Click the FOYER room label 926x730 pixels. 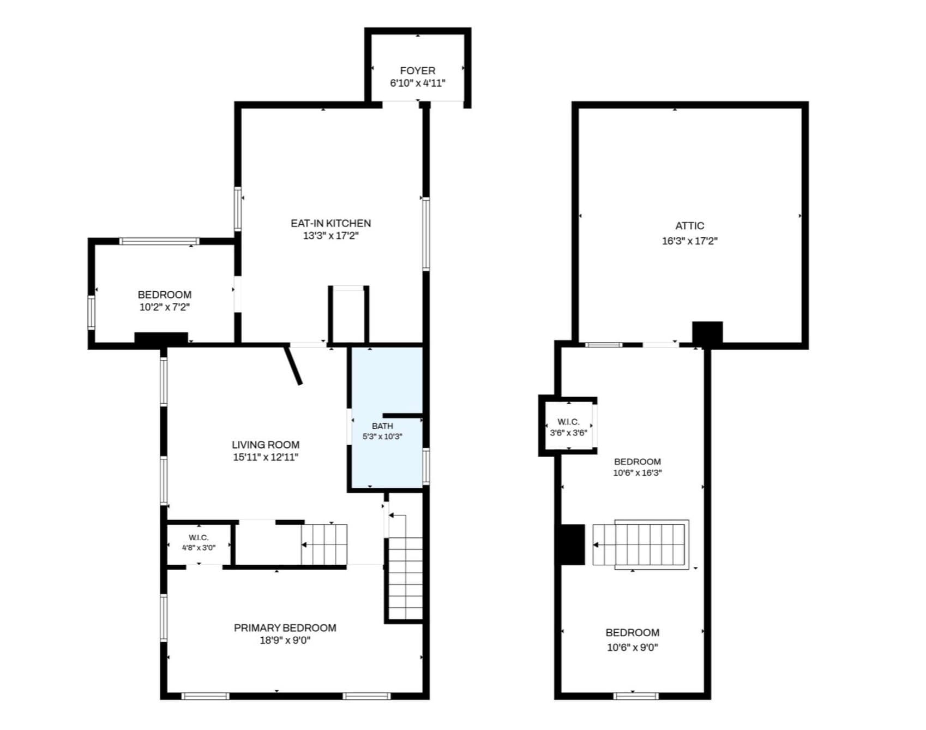418,71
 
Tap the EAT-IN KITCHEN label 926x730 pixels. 330,223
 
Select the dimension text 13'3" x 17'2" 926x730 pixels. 330,236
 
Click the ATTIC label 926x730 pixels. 689,226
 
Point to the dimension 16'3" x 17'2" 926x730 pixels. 689,241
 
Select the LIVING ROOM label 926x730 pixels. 266,445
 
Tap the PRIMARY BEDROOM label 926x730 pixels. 285,628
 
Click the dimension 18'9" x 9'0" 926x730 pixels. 285,641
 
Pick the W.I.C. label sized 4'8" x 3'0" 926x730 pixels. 199,538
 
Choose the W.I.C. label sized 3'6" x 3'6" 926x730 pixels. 568,422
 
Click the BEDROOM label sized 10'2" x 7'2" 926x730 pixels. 164,295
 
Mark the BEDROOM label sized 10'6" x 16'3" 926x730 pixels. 637,462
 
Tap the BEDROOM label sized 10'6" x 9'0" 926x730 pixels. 632,633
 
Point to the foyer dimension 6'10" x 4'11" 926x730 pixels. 418,83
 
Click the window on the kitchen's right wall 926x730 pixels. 426,234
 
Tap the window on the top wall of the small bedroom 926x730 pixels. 159,241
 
